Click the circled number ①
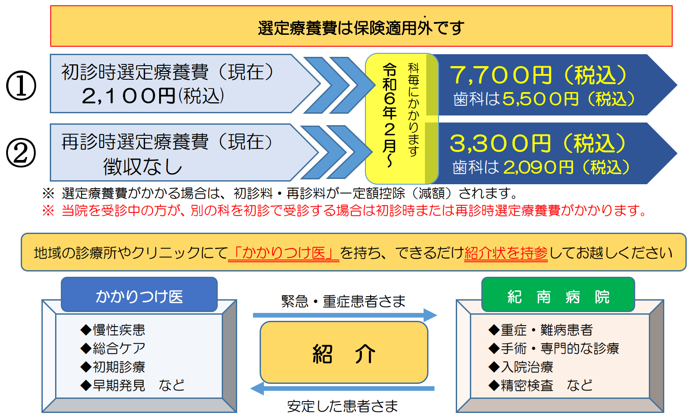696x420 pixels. click(x=21, y=85)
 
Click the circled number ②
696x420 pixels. click(x=21, y=152)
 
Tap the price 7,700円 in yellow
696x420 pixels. click(x=501, y=75)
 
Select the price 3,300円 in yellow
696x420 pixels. click(x=500, y=144)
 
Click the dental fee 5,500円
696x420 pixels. click(x=540, y=99)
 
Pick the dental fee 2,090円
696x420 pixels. click(x=538, y=167)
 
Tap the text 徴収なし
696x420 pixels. click(x=143, y=167)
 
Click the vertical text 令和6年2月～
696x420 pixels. click(x=390, y=115)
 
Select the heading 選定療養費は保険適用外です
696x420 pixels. click(x=361, y=28)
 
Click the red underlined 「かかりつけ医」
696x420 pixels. click(x=284, y=253)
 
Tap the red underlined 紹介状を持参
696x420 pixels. click(x=506, y=253)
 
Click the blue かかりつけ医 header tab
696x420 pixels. click(x=139, y=294)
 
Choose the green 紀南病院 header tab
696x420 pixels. click(x=558, y=294)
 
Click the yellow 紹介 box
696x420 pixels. click(x=344, y=352)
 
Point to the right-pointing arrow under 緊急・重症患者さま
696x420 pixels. click(x=345, y=315)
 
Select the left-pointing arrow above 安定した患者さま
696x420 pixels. click(x=342, y=389)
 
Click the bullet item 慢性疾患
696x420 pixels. click(x=112, y=330)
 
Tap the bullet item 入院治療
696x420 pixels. click(x=521, y=367)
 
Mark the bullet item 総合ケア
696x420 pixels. click(x=112, y=348)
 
